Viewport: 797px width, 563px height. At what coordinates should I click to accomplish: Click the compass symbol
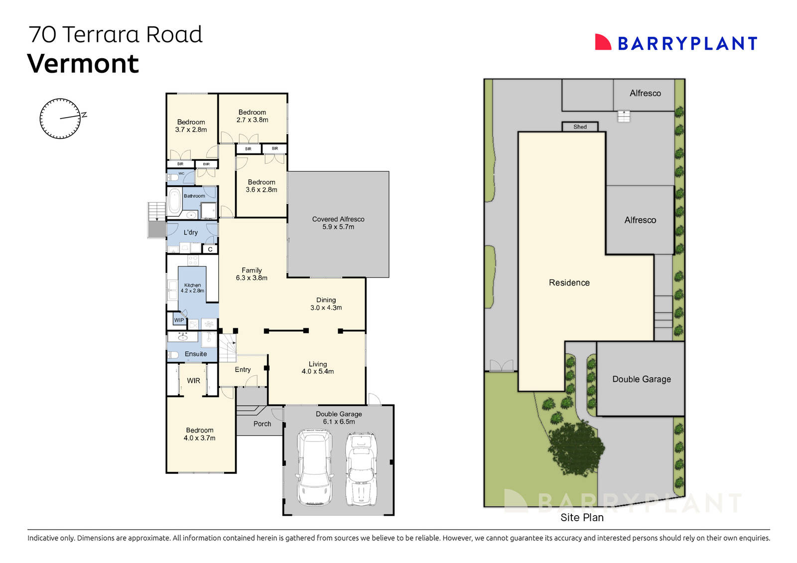[60, 119]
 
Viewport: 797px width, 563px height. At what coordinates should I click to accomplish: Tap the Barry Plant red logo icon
[603, 42]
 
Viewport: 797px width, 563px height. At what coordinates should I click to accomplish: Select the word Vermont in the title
[83, 64]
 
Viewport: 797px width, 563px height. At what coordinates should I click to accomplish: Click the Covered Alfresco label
[338, 223]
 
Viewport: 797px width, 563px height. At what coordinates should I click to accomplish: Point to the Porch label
[262, 424]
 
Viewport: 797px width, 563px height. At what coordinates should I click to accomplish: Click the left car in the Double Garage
[314, 468]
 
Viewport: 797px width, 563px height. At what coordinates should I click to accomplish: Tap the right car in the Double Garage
[361, 468]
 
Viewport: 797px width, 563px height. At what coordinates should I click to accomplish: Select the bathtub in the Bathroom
[174, 201]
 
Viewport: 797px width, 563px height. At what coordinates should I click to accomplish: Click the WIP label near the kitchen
[179, 320]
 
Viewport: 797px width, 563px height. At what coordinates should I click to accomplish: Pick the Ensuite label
[196, 354]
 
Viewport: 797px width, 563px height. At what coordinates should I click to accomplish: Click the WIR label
[193, 381]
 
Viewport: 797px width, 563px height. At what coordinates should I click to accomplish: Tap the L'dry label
[191, 232]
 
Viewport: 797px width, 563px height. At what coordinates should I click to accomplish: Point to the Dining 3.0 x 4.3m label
[326, 304]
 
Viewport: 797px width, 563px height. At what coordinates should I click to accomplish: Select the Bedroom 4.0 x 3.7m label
[200, 434]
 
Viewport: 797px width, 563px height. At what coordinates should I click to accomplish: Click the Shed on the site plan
[580, 127]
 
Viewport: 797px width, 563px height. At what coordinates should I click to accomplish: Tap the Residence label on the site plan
[569, 282]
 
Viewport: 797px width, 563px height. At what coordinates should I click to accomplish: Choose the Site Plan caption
[582, 518]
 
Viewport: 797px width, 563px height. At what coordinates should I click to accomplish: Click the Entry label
[243, 370]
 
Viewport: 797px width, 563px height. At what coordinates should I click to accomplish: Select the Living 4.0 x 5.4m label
[318, 368]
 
